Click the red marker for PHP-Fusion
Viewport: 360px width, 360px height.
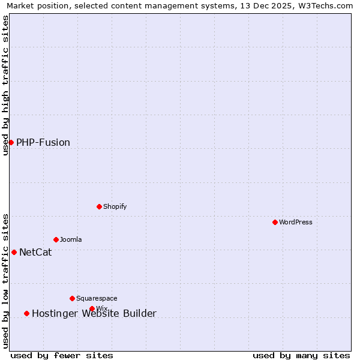click(x=11, y=142)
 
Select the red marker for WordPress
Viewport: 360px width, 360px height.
click(x=275, y=222)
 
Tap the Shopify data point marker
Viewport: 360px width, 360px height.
click(x=99, y=206)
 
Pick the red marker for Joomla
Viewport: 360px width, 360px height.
click(x=56, y=239)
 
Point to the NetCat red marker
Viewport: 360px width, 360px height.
click(x=14, y=252)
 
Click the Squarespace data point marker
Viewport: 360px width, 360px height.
click(x=72, y=298)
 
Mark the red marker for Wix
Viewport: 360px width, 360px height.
click(x=92, y=308)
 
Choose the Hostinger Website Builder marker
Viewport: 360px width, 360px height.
click(x=26, y=313)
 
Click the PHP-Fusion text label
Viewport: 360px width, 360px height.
click(x=43, y=143)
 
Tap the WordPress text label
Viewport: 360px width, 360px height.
click(x=296, y=222)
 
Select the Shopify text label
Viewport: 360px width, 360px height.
click(x=115, y=206)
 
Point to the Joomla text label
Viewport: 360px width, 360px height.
click(x=71, y=239)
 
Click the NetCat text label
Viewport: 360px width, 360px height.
click(x=35, y=253)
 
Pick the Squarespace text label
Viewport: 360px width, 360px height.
click(x=97, y=298)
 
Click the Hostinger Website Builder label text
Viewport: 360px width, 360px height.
click(x=94, y=314)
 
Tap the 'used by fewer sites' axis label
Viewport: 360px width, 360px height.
click(x=62, y=355)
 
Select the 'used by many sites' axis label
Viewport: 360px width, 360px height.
click(x=301, y=355)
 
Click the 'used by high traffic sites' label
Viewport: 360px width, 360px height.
click(x=6, y=85)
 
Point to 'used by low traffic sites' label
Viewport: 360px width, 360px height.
click(x=6, y=281)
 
